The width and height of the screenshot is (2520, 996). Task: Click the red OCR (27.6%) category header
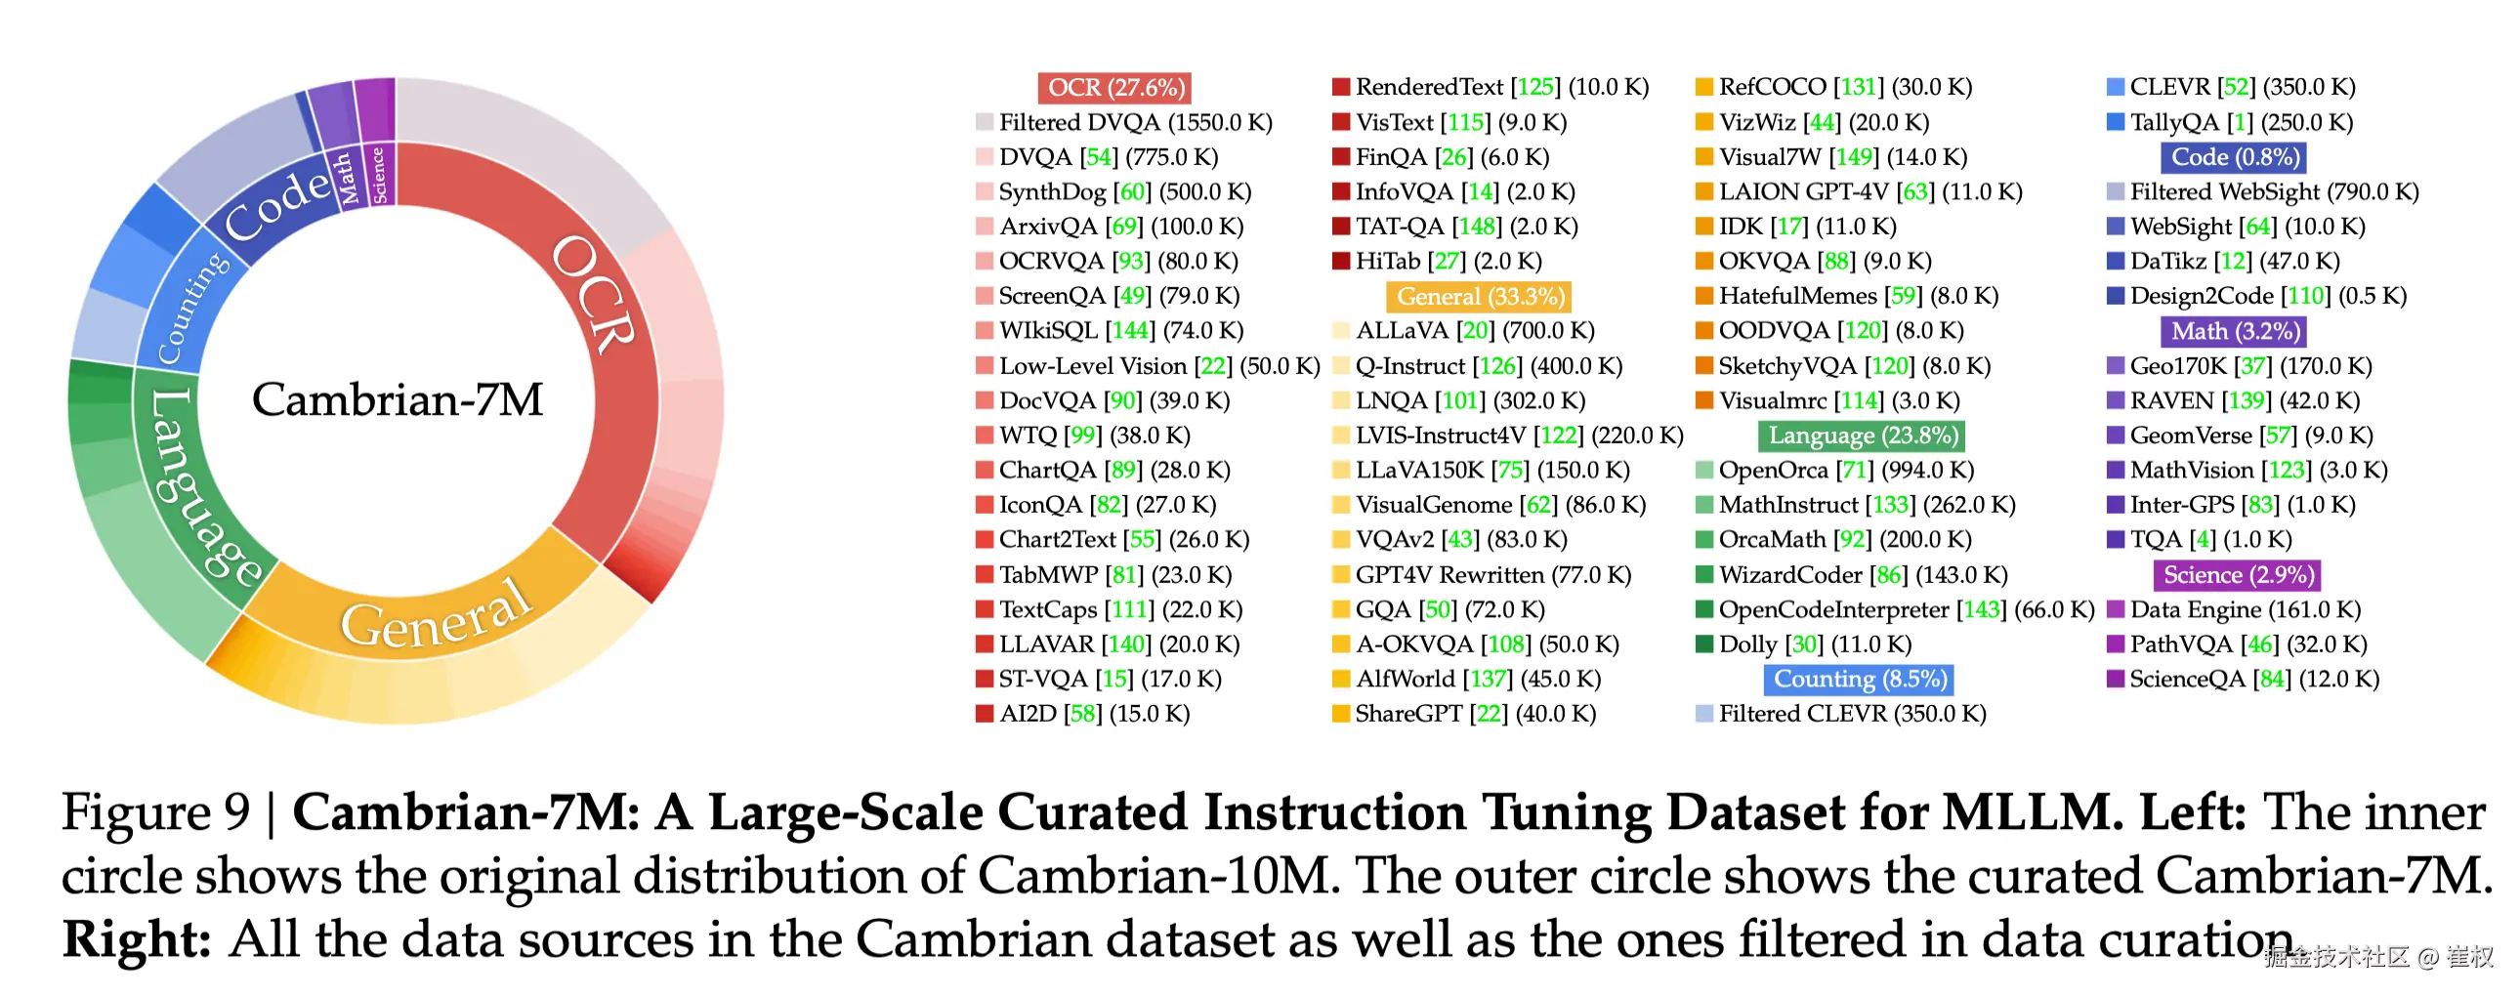click(x=1114, y=88)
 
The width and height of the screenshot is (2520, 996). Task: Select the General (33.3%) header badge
click(x=1478, y=297)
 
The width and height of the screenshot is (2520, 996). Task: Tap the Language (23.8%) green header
click(x=1861, y=436)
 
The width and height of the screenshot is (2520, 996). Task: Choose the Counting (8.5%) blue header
click(x=1858, y=679)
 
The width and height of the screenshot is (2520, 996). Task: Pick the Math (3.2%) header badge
click(x=2234, y=332)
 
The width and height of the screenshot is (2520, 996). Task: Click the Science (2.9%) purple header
click(x=2237, y=575)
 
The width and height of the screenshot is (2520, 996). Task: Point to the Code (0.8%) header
click(x=2233, y=157)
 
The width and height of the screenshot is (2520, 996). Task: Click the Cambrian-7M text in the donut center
click(x=398, y=399)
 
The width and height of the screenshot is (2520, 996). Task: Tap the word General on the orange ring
click(x=437, y=614)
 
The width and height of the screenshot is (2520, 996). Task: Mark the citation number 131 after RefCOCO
click(x=1858, y=88)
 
